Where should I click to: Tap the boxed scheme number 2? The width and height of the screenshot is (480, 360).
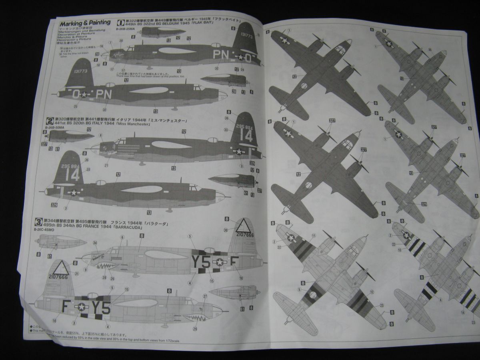(x=50, y=120)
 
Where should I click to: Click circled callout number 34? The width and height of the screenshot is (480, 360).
(x=95, y=243)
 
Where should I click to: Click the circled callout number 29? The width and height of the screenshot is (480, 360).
(x=195, y=329)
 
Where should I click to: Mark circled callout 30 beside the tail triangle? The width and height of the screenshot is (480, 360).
(x=226, y=230)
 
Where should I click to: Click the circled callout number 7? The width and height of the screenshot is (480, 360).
(x=111, y=42)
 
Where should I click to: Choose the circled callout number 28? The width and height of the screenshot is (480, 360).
(x=104, y=278)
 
